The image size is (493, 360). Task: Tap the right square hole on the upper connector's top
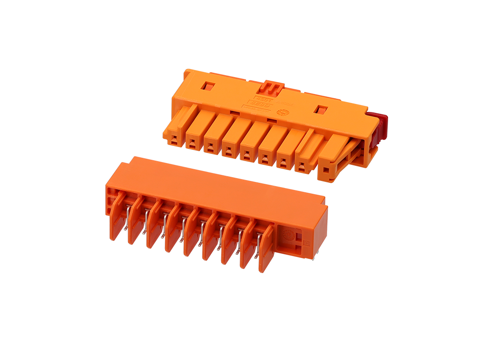click(x=321, y=110)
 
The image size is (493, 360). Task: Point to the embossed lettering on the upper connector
click(x=258, y=103)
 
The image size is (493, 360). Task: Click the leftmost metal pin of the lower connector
click(x=127, y=217)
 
